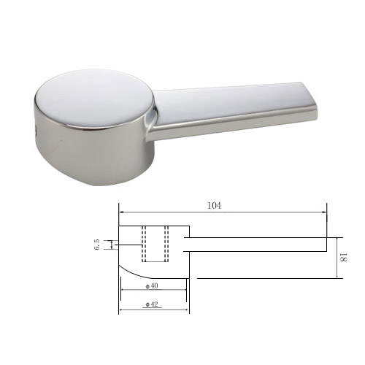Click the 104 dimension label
pos(215,206)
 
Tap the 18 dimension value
pos(343,257)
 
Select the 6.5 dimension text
pos(97,245)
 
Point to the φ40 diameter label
pos(152,285)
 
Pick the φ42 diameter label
pos(152,304)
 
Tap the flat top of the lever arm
pos(228,102)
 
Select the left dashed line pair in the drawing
pos(144,244)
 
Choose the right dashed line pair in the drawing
pos(166,244)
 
